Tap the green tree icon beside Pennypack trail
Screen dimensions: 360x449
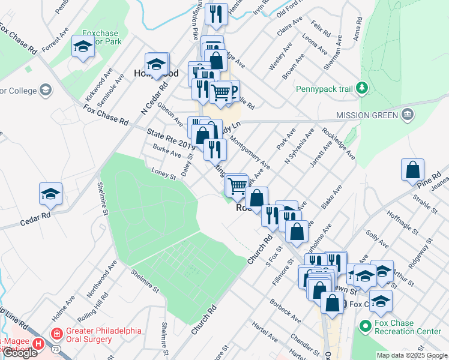(x=361, y=89)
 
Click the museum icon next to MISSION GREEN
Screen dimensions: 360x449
(x=407, y=114)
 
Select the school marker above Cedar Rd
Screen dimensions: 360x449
(x=51, y=193)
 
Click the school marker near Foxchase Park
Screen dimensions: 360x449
(x=82, y=46)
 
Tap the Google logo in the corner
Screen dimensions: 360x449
(x=20, y=353)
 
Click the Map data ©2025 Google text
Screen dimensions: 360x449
(x=412, y=355)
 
